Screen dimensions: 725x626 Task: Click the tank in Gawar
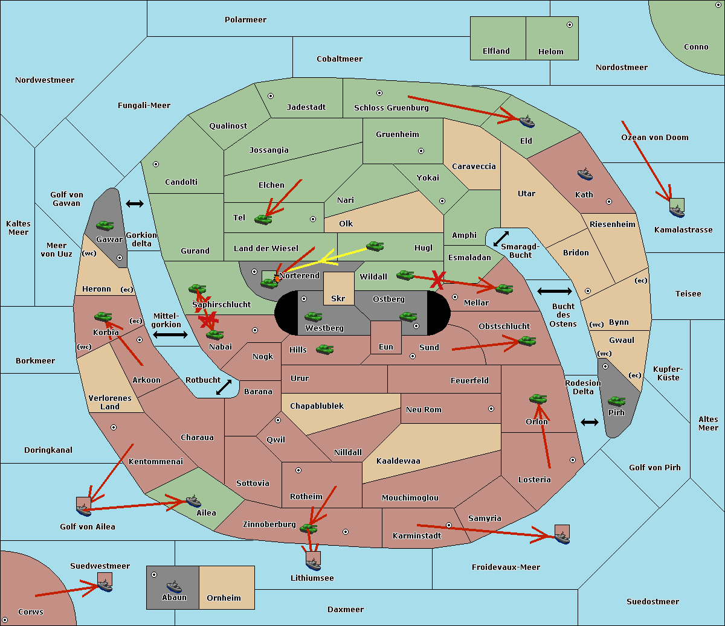[105, 225]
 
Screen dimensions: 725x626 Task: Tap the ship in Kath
[585, 174]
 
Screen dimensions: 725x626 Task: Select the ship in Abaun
[174, 587]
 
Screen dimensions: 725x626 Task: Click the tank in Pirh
[616, 401]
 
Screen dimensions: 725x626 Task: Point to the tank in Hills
[325, 349]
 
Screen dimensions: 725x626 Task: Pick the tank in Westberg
[313, 317]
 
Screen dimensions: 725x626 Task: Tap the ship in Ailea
[193, 501]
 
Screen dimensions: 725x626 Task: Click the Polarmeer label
[245, 20]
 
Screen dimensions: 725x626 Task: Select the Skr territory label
[338, 298]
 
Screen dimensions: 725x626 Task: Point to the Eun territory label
[386, 347]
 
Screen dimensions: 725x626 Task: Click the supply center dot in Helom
[570, 25]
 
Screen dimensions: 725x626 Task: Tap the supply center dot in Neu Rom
[491, 409]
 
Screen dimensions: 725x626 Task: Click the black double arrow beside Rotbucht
[224, 388]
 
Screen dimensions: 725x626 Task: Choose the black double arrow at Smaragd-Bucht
[501, 238]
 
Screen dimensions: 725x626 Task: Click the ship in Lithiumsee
[313, 564]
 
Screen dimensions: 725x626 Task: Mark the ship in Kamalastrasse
[677, 211]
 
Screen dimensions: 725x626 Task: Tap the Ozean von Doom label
[655, 138]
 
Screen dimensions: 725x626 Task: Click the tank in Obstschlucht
[527, 340]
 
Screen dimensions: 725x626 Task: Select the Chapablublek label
[317, 406]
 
